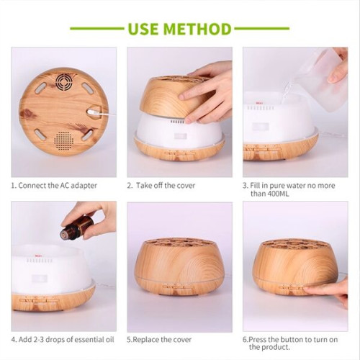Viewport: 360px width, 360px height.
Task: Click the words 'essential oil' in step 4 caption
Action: click(86, 338)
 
